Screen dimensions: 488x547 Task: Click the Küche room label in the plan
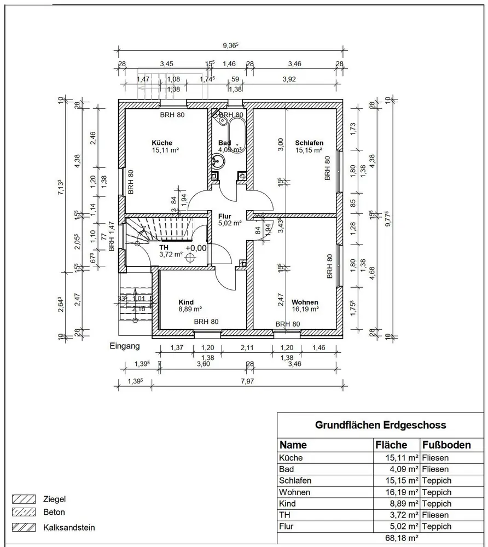[162, 143]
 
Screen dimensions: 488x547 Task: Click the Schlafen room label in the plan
[309, 143]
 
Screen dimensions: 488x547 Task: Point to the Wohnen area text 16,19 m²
[305, 309]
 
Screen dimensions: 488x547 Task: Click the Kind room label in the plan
[186, 302]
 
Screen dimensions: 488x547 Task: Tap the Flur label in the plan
[224, 216]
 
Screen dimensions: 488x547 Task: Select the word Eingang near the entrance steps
[125, 346]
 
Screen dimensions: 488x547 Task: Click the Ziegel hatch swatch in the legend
[24, 499]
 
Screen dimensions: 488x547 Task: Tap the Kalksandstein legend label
[69, 528]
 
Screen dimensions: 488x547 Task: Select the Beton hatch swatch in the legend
[24, 513]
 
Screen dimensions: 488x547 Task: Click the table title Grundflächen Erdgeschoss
[380, 424]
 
